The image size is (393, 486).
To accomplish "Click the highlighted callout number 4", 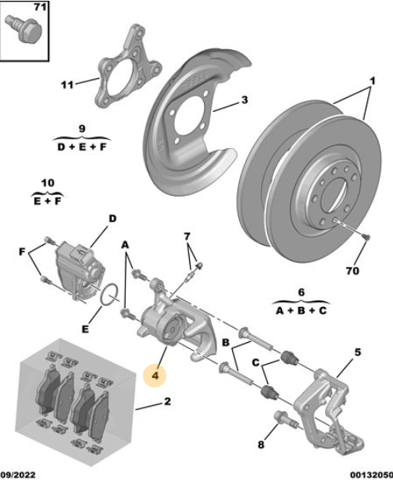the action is [155, 376].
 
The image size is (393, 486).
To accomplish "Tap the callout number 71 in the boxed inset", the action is [40, 6].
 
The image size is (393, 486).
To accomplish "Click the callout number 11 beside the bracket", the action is [67, 85].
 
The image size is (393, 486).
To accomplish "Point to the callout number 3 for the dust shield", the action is [245, 100].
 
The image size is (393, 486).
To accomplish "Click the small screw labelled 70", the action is [366, 237].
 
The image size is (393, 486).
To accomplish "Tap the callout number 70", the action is [352, 271].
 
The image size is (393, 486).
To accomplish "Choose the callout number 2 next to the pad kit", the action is [167, 401].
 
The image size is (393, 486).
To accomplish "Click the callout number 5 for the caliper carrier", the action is [357, 352].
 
